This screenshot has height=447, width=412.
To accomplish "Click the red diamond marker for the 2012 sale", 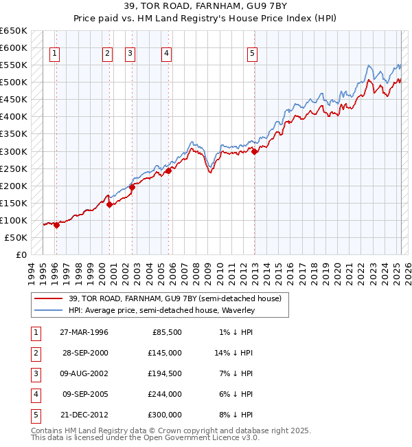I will point(255,151).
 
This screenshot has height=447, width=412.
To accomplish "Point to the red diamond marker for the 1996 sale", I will point(57,226).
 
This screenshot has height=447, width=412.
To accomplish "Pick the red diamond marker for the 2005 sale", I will point(168,171).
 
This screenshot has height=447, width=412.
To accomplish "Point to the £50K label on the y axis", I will point(16,237).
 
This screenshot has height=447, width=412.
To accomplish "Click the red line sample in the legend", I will point(49,298).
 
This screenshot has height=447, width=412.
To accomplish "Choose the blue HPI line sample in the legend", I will point(49,310).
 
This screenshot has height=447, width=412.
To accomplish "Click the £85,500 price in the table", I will point(166,332).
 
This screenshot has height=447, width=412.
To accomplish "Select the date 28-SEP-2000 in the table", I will point(84,353).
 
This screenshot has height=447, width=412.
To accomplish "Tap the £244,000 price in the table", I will point(166,394).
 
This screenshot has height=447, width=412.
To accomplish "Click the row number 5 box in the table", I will point(34,415).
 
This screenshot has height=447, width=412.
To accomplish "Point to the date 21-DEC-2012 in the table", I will point(84,415).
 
